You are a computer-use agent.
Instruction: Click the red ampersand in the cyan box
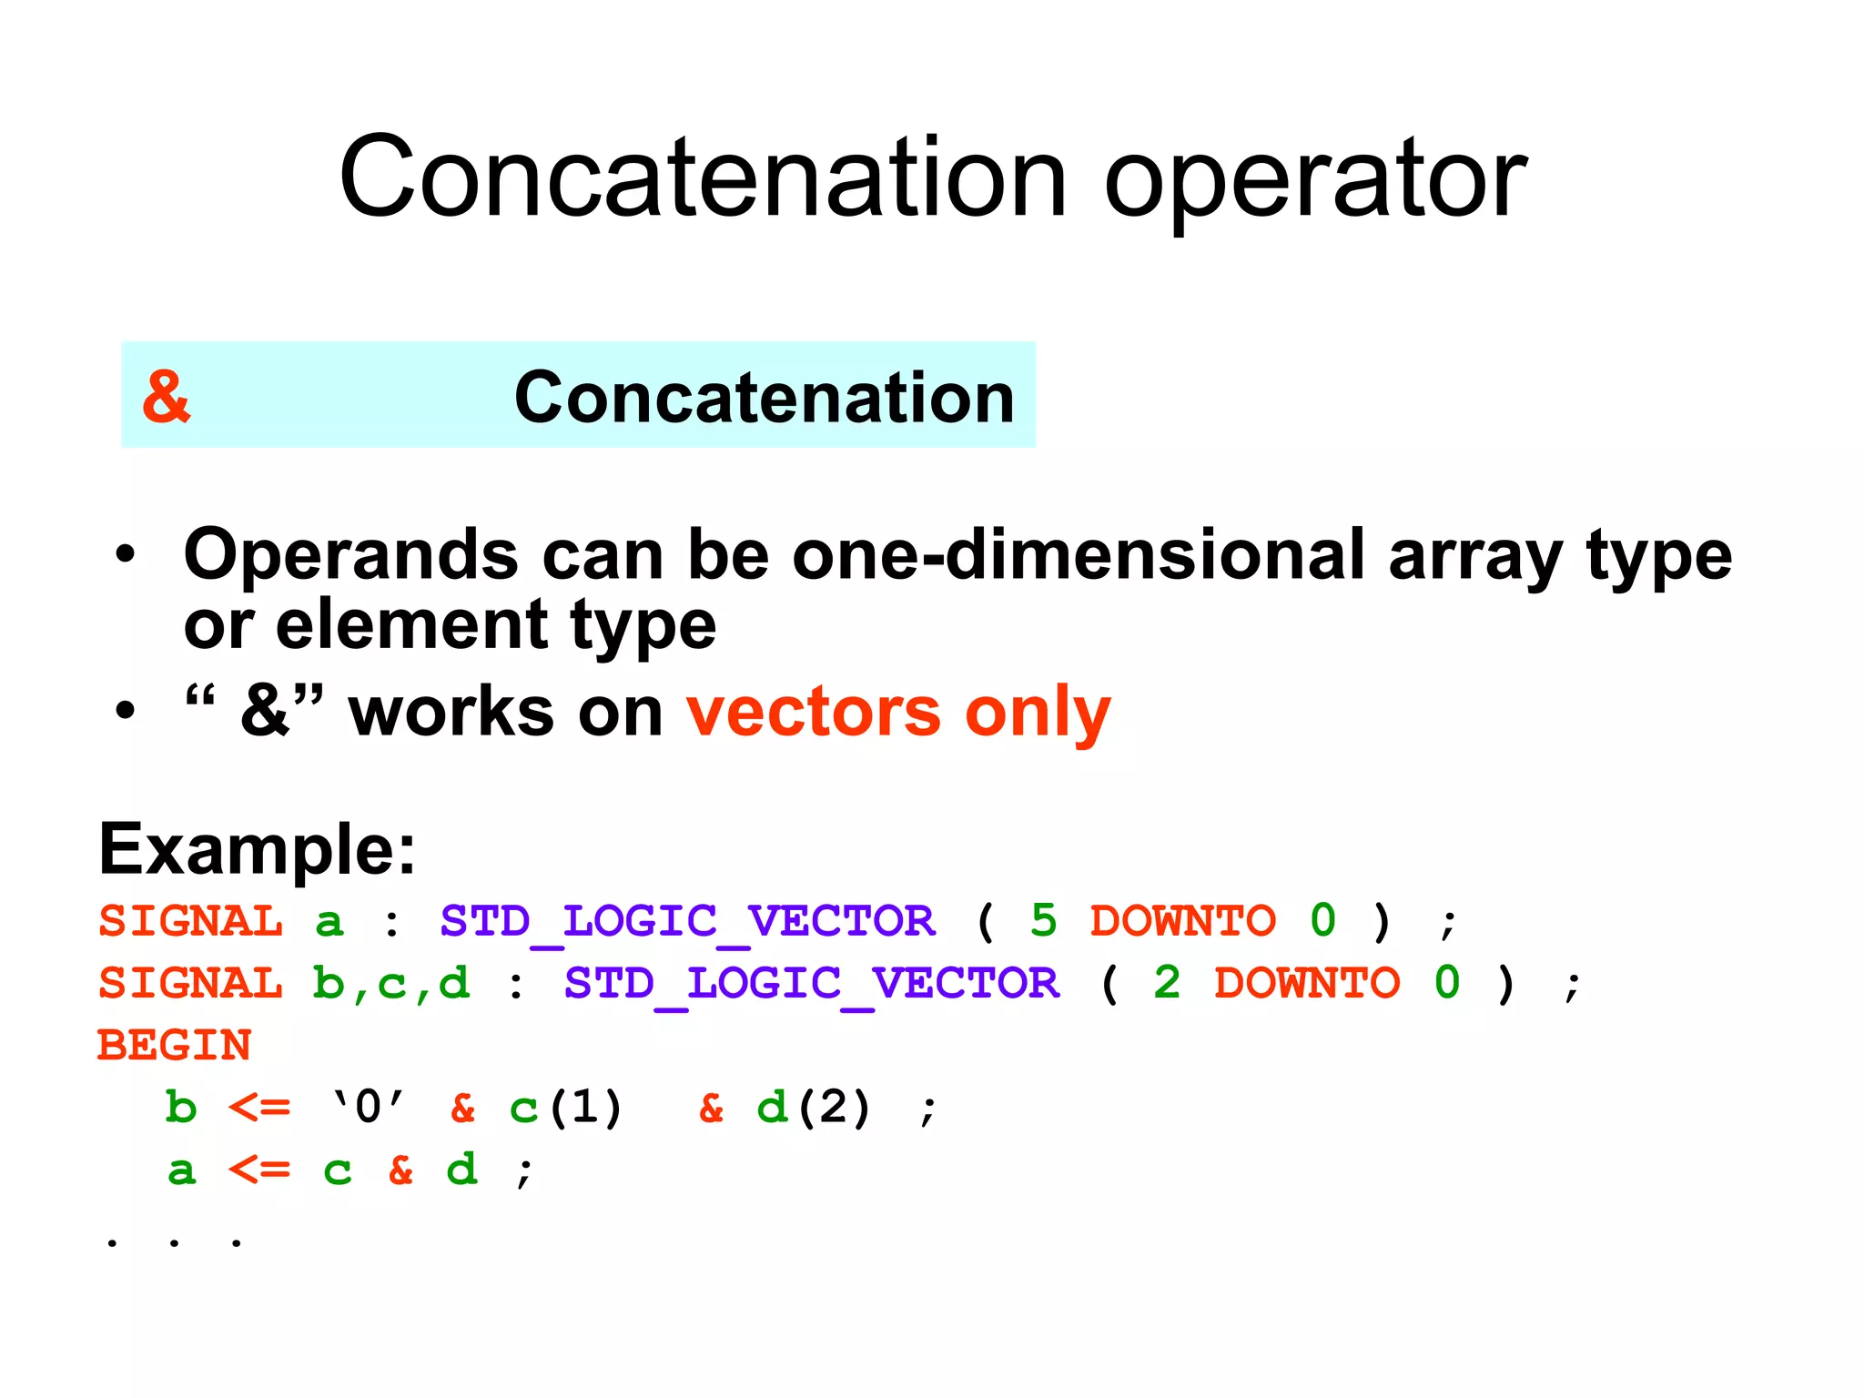point(167,397)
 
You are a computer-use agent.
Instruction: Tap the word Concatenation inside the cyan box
point(764,399)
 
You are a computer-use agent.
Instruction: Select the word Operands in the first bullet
point(350,555)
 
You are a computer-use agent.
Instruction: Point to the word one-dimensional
point(1079,555)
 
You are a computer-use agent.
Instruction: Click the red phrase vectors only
point(898,712)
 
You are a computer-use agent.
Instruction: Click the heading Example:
point(258,848)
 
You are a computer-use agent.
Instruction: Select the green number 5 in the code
point(1043,920)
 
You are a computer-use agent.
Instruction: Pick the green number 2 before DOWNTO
point(1167,983)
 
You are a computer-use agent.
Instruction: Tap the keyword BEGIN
point(174,1045)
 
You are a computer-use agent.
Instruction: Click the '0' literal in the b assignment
point(368,1108)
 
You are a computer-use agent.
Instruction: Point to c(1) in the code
point(565,1108)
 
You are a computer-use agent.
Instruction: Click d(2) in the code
point(814,1108)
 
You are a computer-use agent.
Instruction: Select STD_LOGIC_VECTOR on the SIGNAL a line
point(687,921)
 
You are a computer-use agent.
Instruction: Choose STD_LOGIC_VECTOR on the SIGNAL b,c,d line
point(811,984)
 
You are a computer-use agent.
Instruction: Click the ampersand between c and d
point(400,1170)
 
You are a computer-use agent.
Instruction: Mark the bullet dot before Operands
point(125,553)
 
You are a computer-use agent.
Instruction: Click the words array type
point(1559,555)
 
